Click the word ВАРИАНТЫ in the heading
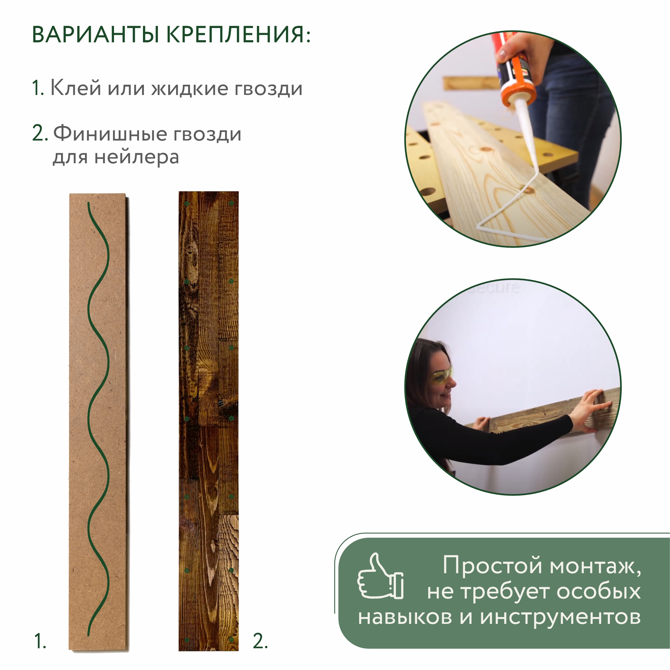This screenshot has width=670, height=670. tap(95, 35)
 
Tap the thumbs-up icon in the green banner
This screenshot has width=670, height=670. tap(380, 576)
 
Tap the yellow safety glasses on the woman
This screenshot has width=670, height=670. tap(441, 376)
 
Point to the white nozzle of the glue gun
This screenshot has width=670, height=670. tap(527, 135)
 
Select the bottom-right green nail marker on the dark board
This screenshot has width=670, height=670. tap(231, 639)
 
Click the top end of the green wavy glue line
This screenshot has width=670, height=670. tap(89, 204)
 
